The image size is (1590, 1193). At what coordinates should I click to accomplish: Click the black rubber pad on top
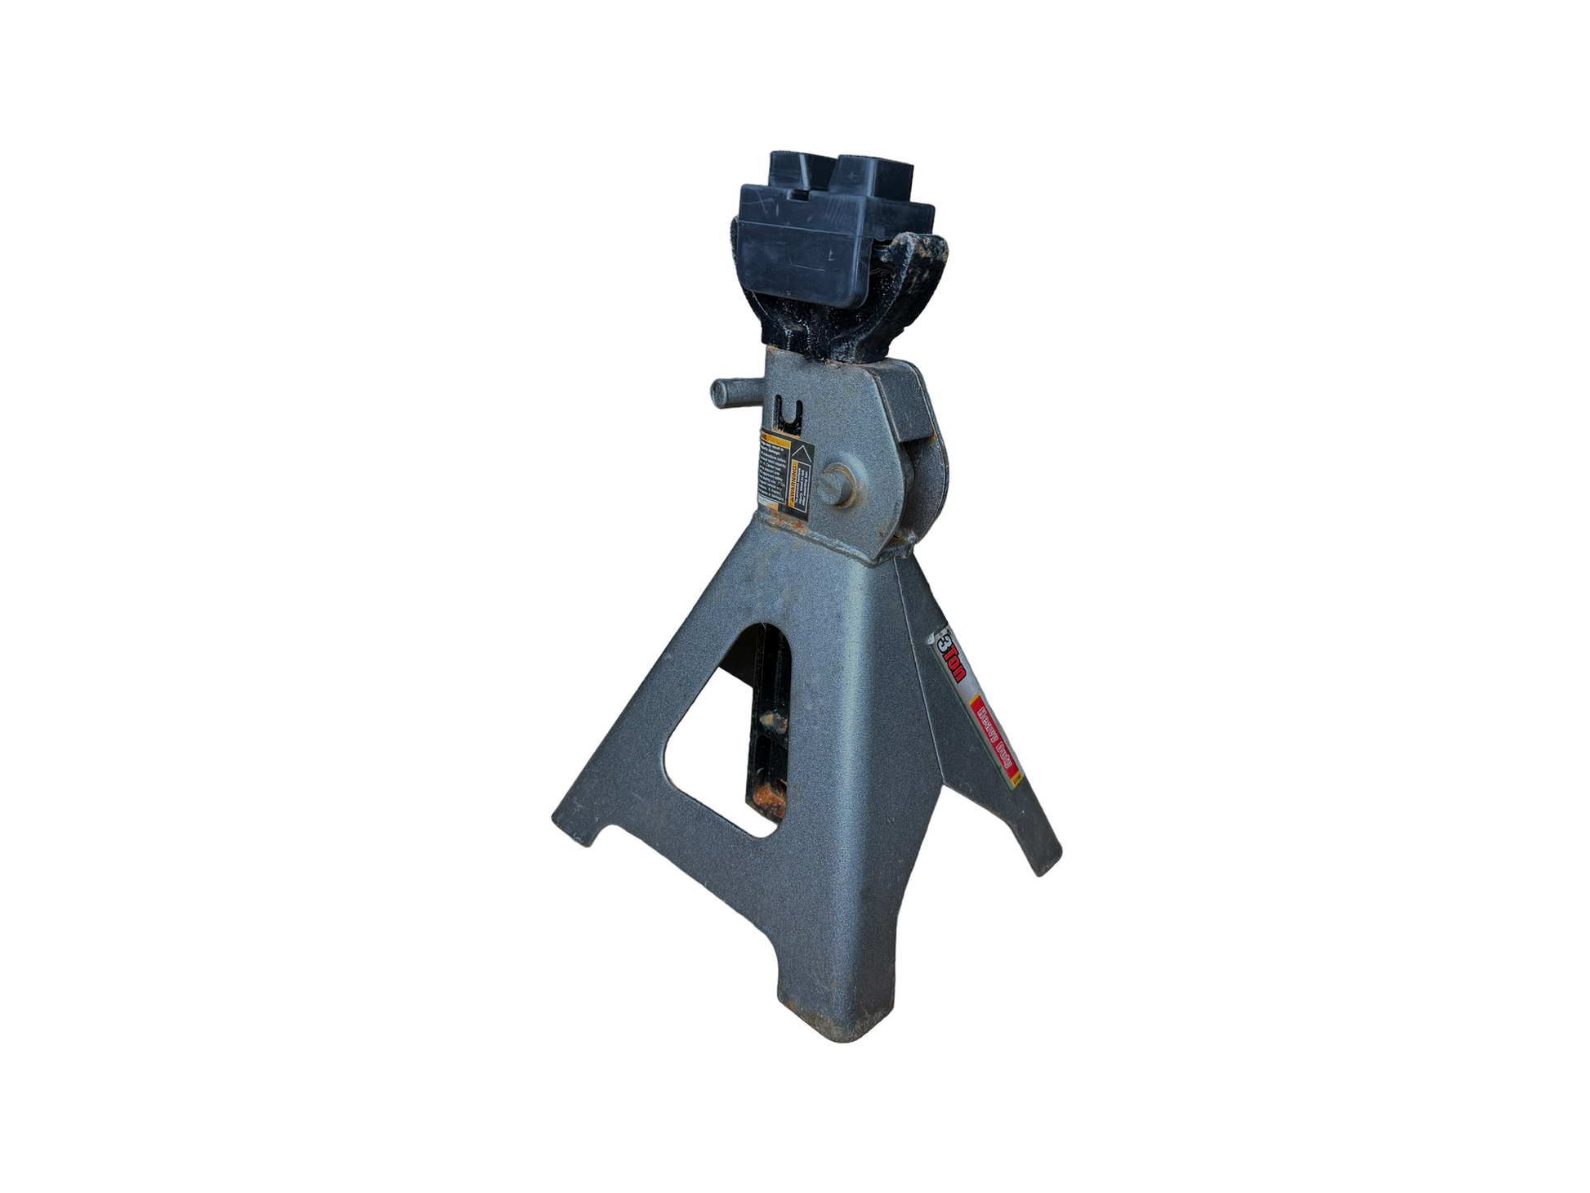tap(833, 237)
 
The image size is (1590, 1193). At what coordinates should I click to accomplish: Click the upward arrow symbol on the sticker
tap(802, 451)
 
